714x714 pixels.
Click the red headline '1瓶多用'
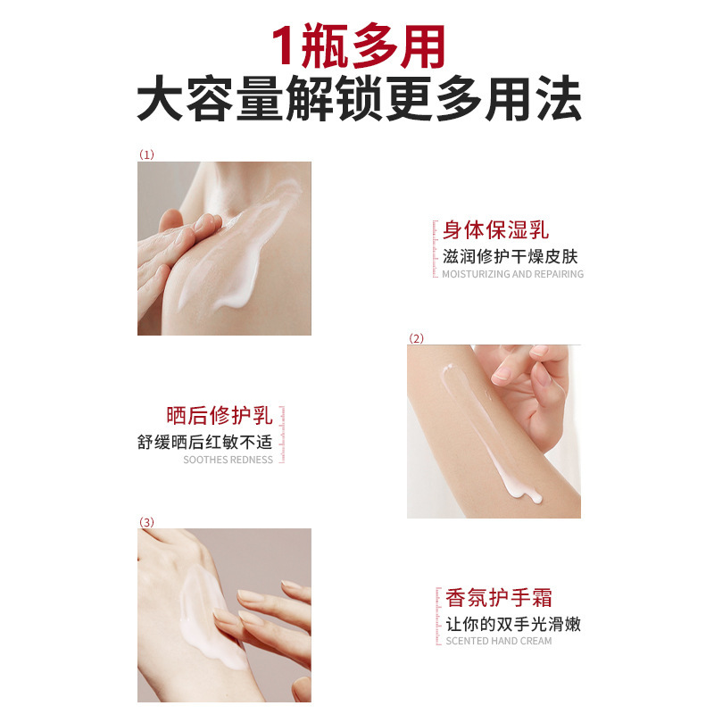click(357, 46)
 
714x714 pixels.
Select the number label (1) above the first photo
click(146, 154)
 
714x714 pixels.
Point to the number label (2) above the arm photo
click(416, 338)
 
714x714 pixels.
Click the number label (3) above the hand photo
click(146, 521)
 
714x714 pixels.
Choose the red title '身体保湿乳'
click(496, 230)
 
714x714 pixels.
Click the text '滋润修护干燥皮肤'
click(511, 256)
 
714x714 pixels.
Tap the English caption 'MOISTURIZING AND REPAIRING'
click(512, 275)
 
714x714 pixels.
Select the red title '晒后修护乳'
click(220, 416)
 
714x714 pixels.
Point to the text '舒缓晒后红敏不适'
click(204, 442)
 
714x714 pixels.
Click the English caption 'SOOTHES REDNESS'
click(228, 461)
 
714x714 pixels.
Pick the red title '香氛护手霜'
click(499, 597)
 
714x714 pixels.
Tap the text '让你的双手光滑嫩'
click(513, 623)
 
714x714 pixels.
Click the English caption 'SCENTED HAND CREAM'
click(498, 642)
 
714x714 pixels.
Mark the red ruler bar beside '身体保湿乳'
click(435, 249)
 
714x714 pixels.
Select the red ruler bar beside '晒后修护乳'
click(282, 436)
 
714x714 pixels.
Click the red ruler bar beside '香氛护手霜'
click(437, 616)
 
